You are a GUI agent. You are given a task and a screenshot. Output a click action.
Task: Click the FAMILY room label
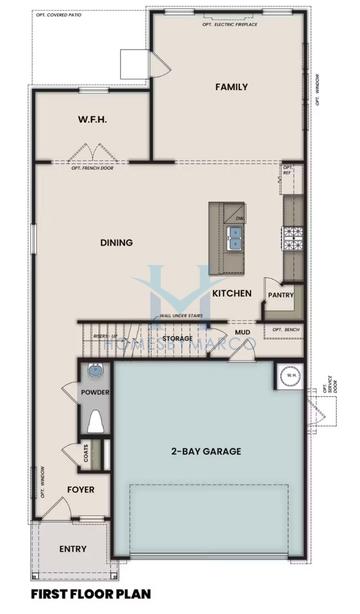[231, 87]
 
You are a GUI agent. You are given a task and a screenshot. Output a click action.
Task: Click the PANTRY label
[279, 296]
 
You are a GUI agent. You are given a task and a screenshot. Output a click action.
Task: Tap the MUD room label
[242, 332]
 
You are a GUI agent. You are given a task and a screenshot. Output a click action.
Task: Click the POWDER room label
[96, 393]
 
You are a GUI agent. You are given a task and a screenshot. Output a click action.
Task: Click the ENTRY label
[73, 549]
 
